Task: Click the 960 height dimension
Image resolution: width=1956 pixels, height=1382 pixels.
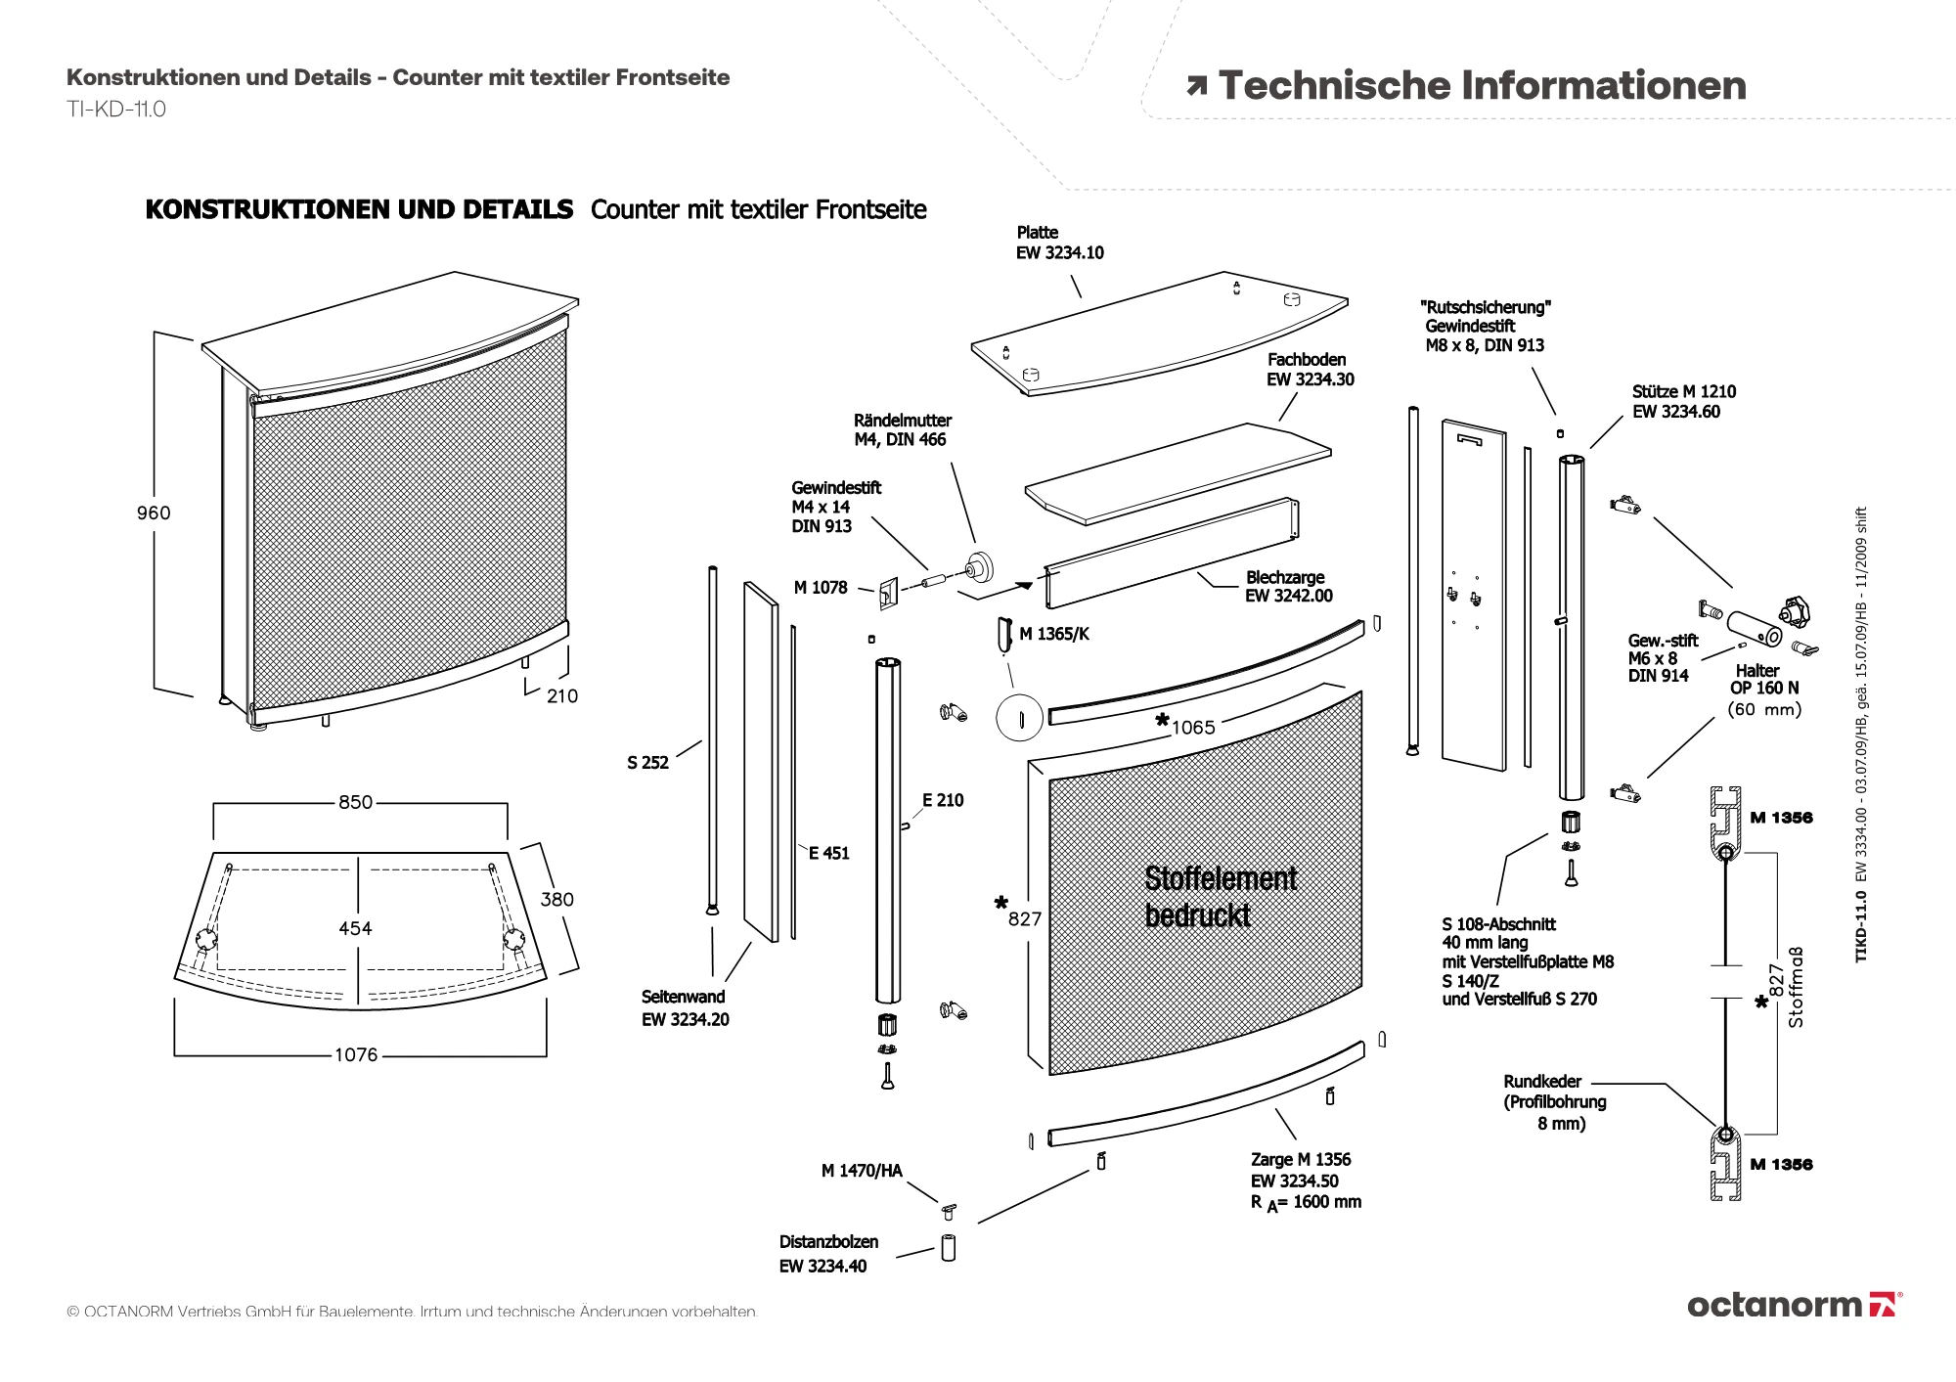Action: pyautogui.click(x=154, y=513)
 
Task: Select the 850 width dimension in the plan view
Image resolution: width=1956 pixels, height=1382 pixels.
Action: pyautogui.click(x=355, y=802)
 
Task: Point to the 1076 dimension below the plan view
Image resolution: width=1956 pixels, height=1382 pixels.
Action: pyautogui.click(x=355, y=1054)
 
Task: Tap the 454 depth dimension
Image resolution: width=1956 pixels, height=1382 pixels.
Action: pyautogui.click(x=355, y=928)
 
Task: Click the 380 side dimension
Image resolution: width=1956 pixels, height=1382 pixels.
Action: pyautogui.click(x=557, y=899)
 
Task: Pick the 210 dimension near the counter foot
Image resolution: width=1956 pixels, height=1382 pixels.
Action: pyautogui.click(x=561, y=695)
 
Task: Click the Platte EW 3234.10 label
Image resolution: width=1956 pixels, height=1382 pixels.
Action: pyautogui.click(x=1059, y=243)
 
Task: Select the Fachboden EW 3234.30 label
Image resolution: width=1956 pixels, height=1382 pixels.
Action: pyautogui.click(x=1310, y=370)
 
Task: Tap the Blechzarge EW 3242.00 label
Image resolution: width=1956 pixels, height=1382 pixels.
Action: pyautogui.click(x=1288, y=587)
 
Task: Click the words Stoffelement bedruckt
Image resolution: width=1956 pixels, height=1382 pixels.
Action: pyautogui.click(x=1220, y=896)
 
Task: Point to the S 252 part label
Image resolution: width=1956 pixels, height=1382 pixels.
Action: pyautogui.click(x=647, y=763)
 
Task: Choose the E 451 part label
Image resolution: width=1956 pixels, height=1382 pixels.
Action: pyautogui.click(x=828, y=853)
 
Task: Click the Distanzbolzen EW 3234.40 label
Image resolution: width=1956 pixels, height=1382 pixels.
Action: pyautogui.click(x=828, y=1254)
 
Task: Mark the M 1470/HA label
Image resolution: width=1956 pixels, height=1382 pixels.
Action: pyautogui.click(x=862, y=1171)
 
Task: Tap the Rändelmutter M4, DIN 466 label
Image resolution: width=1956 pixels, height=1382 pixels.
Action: pyautogui.click(x=902, y=430)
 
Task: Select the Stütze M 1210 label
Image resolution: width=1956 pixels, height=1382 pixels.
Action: pyautogui.click(x=1683, y=401)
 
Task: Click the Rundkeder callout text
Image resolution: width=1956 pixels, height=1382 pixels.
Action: pyautogui.click(x=1554, y=1102)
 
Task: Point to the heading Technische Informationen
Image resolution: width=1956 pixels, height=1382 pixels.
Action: pyautogui.click(x=1481, y=86)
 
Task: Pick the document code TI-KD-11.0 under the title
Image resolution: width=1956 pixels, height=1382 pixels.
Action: pyautogui.click(x=116, y=110)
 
